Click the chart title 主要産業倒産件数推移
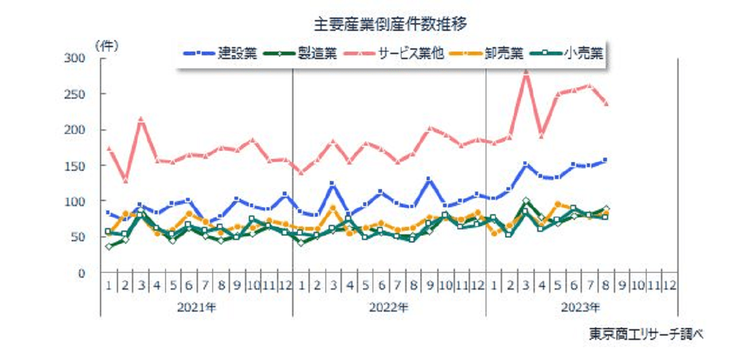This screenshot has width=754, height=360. click(x=390, y=25)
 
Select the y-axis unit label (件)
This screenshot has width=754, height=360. click(x=106, y=45)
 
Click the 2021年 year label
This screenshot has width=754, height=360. click(x=197, y=308)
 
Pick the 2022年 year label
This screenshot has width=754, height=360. click(x=390, y=308)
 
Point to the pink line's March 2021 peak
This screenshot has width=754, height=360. click(x=141, y=119)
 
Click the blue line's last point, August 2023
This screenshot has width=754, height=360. click(x=606, y=160)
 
